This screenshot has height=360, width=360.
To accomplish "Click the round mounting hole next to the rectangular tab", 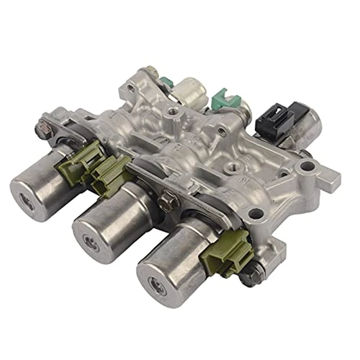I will (307, 166).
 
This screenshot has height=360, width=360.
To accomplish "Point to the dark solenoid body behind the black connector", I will (309, 124).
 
